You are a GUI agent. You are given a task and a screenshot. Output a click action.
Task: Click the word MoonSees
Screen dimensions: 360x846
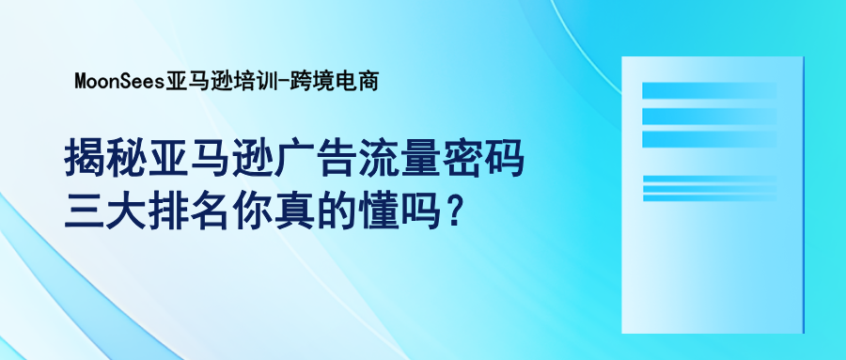coord(118,82)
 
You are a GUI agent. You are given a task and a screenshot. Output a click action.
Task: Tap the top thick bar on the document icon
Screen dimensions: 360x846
coord(709,90)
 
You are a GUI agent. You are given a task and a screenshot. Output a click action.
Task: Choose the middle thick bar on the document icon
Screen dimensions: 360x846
coord(709,115)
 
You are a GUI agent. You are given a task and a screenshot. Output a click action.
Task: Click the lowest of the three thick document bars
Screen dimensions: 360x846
coord(709,139)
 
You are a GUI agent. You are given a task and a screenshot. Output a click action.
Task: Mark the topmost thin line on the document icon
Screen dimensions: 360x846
coord(709,178)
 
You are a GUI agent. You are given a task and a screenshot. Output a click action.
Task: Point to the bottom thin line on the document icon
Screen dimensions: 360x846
coord(709,198)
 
